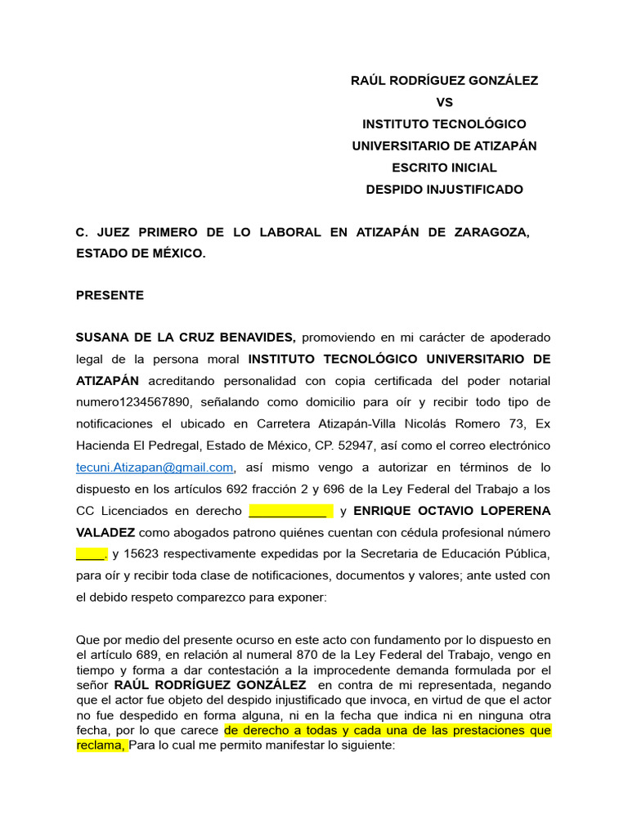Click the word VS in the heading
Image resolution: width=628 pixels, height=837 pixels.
444,102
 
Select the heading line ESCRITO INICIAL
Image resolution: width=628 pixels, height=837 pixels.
444,168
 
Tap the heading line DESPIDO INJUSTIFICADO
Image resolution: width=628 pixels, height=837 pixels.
444,190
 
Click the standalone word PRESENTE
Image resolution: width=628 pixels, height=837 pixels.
110,295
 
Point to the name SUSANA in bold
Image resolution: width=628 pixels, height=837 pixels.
101,338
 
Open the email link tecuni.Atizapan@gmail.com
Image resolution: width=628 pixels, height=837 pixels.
155,468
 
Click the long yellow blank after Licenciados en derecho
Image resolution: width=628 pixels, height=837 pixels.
289,512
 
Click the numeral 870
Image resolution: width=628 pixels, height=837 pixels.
308,654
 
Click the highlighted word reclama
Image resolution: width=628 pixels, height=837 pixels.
101,745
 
